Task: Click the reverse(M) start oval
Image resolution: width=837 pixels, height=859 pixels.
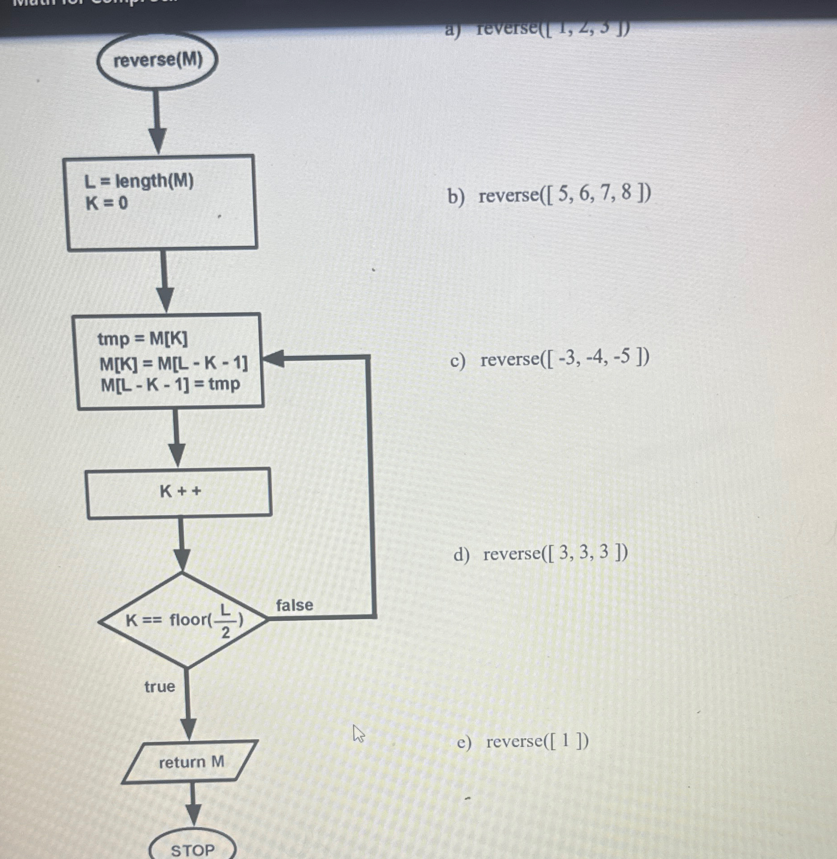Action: click(157, 60)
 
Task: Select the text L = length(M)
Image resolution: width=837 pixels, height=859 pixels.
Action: click(139, 182)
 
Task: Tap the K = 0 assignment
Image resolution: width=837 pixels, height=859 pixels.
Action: click(107, 204)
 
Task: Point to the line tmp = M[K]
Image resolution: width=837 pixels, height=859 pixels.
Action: click(143, 339)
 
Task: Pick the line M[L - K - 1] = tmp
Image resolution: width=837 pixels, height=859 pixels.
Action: click(170, 385)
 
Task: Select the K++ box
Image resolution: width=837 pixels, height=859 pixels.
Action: click(179, 492)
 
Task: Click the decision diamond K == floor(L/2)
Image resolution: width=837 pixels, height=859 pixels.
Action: click(183, 620)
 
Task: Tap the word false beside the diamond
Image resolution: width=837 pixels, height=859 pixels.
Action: click(294, 605)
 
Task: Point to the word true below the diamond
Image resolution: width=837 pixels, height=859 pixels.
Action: click(160, 686)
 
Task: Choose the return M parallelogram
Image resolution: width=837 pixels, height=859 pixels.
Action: click(191, 762)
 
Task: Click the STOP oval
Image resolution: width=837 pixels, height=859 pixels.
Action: click(192, 849)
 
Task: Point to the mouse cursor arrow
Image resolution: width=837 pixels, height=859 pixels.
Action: click(358, 734)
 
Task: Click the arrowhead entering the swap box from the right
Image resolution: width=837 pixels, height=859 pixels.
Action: click(273, 359)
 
